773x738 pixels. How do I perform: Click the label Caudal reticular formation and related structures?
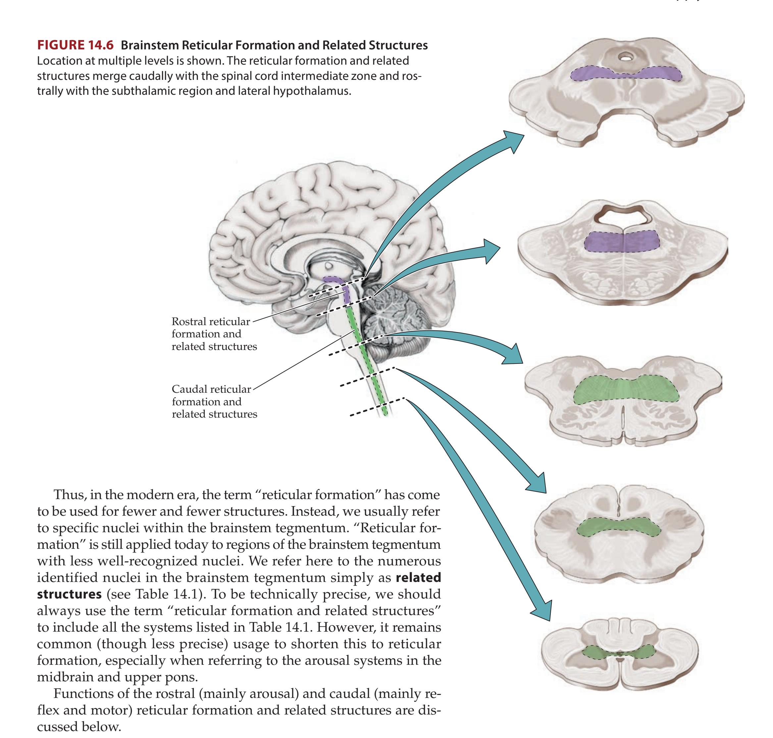pyautogui.click(x=214, y=401)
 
